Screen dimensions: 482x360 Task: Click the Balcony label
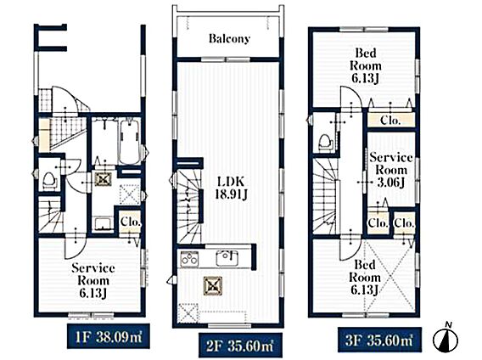[229, 39]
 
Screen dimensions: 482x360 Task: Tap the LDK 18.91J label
[231, 188]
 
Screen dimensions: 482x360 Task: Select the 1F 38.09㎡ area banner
[109, 335]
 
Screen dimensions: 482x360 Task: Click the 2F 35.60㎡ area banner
[240, 346]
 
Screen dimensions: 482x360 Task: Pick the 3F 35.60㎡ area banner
[379, 340]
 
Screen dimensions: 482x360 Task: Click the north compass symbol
[446, 338]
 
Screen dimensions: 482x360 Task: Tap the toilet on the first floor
[49, 180]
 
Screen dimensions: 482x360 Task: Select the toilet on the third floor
[326, 142]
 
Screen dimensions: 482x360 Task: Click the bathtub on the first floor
[130, 142]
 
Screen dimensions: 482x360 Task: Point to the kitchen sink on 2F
[227, 258]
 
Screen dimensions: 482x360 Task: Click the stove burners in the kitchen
[189, 258]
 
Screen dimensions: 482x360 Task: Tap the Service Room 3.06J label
[390, 170]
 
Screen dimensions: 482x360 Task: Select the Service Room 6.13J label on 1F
[93, 280]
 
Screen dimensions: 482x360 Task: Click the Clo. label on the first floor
[131, 222]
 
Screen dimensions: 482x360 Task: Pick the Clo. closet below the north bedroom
[390, 120]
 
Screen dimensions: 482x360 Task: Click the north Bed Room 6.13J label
[365, 65]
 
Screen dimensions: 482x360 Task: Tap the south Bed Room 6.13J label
[364, 278]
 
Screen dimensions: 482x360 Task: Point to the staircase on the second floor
[188, 206]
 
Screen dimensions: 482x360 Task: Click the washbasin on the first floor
[103, 223]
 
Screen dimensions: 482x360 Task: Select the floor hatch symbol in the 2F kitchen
[188, 313]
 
